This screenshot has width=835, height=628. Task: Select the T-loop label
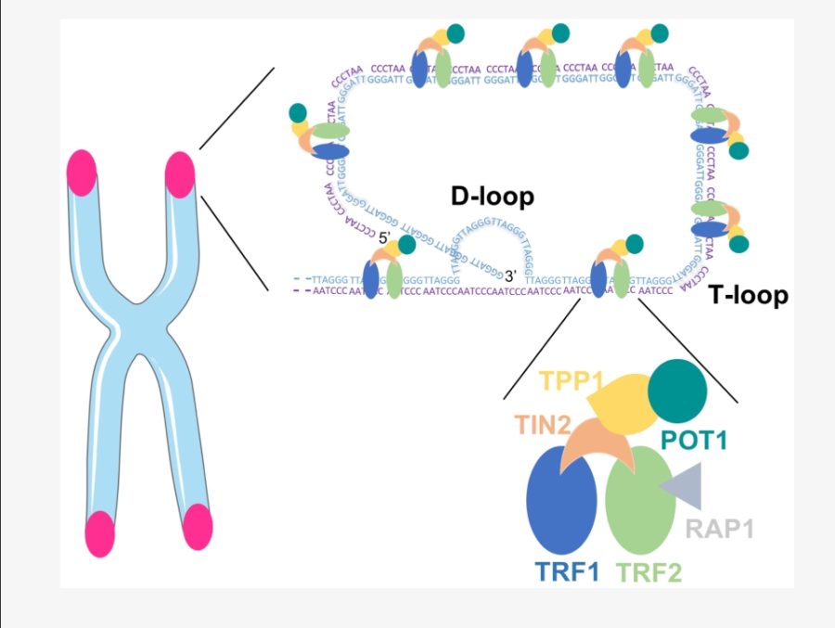(748, 296)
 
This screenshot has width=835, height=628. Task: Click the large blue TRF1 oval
(561, 501)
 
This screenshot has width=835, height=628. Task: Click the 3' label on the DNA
(510, 275)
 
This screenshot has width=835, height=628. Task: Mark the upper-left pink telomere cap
(82, 175)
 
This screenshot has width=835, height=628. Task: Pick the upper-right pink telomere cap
(180, 173)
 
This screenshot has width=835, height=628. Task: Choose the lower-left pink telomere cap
(98, 534)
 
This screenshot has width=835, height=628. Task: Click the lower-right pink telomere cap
(198, 527)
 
